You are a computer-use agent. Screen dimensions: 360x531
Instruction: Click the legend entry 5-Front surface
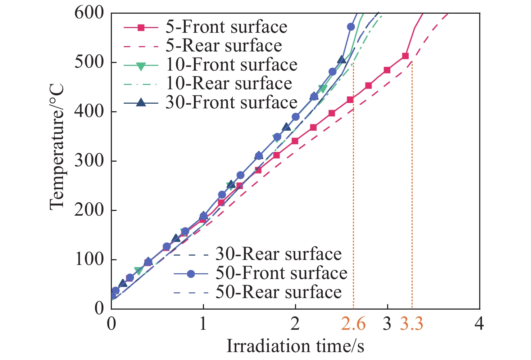(x=226, y=27)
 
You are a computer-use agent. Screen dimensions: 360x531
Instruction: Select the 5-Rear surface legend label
(x=224, y=46)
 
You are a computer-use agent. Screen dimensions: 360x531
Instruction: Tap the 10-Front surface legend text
(x=231, y=65)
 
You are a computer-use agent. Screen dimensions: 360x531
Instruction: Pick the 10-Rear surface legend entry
(x=229, y=84)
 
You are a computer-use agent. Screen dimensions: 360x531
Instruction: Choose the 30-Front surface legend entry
(x=231, y=103)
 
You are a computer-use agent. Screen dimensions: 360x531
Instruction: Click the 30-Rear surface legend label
(x=278, y=254)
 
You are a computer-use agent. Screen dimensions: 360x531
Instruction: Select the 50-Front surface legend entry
(x=281, y=273)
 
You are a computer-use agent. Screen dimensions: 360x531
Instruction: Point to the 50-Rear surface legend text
(x=278, y=292)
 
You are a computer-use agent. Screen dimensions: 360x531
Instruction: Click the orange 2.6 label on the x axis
(x=353, y=324)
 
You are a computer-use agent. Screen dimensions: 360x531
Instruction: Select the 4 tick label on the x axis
(x=479, y=324)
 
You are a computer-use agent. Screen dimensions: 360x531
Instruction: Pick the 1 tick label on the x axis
(x=203, y=324)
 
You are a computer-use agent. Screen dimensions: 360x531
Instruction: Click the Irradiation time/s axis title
(x=295, y=346)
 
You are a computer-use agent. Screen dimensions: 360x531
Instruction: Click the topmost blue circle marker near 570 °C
(x=351, y=27)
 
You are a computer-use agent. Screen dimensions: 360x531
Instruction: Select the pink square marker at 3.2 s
(x=405, y=56)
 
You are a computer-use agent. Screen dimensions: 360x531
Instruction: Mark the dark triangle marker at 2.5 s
(x=342, y=59)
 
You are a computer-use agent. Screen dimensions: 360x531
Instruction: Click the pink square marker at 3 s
(x=387, y=70)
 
